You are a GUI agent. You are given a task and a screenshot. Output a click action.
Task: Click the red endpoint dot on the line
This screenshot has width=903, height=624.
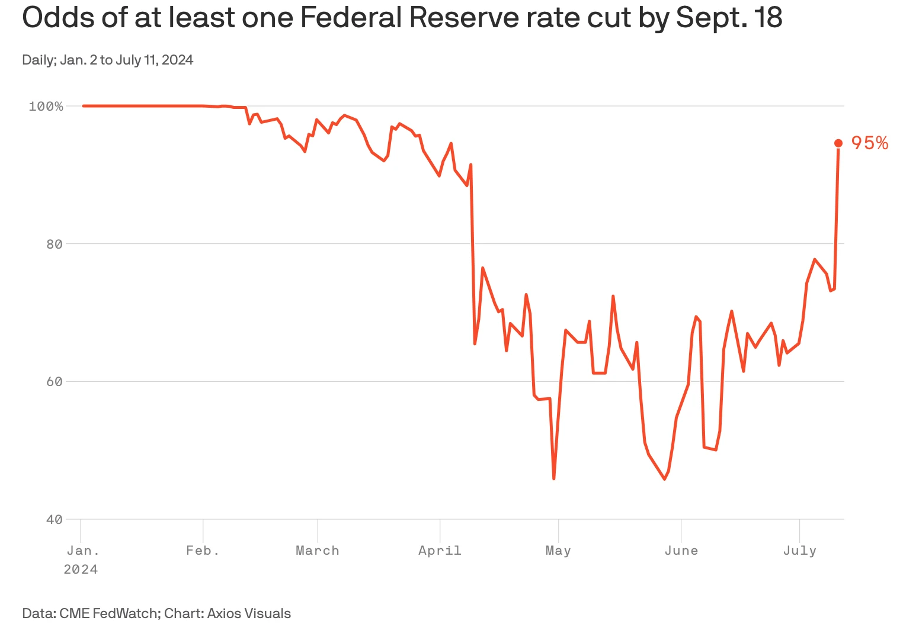coord(838,143)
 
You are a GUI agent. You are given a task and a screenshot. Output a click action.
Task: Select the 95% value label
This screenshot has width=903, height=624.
coord(869,143)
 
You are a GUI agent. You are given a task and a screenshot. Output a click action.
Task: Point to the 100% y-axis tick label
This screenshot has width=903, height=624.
coord(46,107)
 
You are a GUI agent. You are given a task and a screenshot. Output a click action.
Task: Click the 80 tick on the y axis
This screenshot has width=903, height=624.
coord(54,244)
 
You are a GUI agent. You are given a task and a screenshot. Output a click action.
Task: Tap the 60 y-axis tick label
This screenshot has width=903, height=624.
coord(54,382)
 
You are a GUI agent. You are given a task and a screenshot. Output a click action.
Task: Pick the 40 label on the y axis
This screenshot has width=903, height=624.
coord(54,520)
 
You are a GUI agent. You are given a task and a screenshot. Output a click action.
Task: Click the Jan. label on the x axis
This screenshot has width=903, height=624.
coord(83,551)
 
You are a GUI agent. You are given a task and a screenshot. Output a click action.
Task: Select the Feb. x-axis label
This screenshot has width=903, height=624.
coord(203,551)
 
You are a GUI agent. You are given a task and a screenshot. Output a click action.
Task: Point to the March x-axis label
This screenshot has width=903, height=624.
coord(318,551)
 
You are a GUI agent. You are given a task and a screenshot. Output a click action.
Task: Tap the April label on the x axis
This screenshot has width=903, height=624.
coord(440,551)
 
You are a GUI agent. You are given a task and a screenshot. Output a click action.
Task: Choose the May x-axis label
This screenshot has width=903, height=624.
coord(558,551)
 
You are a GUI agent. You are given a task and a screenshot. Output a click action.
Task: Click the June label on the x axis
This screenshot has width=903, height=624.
coord(681,551)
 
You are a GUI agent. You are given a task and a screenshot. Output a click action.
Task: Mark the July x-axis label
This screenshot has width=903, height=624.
coord(800,551)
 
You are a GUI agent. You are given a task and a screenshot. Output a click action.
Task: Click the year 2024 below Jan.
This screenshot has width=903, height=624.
coord(81,570)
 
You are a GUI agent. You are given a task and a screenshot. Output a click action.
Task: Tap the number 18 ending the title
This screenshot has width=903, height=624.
coord(768,18)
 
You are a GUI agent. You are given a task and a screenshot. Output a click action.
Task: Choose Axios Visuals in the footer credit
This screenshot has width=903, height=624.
coord(249,613)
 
